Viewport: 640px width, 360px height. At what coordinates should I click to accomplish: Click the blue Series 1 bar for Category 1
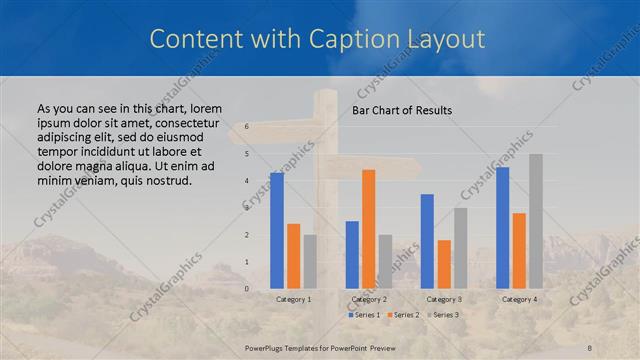pyautogui.click(x=277, y=231)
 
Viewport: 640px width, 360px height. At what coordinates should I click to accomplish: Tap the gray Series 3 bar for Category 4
pyautogui.click(x=536, y=221)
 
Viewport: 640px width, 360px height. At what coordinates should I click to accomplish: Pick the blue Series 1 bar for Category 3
pyautogui.click(x=427, y=241)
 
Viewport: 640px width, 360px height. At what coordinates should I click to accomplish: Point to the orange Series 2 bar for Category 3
pyautogui.click(x=444, y=264)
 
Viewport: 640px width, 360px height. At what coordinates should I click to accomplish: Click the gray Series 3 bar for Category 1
pyautogui.click(x=310, y=262)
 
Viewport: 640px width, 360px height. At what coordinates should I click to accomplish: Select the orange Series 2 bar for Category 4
pyautogui.click(x=519, y=251)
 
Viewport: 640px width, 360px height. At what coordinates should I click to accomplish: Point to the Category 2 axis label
pyautogui.click(x=369, y=299)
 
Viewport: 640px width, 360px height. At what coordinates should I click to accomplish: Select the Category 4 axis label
pyautogui.click(x=519, y=299)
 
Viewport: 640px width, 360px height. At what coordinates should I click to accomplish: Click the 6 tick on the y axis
pyautogui.click(x=247, y=127)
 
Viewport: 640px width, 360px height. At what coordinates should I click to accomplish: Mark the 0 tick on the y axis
pyautogui.click(x=247, y=289)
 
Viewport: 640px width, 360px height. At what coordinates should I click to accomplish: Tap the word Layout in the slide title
pyautogui.click(x=443, y=39)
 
